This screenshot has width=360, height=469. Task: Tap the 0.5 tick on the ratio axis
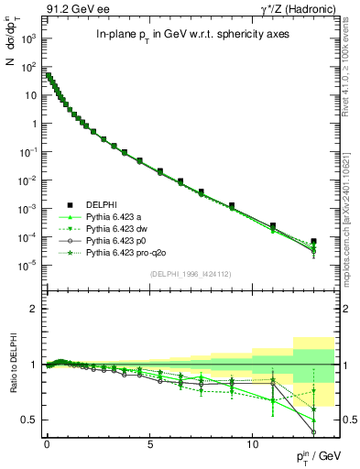point(29,420)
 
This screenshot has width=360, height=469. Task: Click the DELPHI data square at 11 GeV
point(273,225)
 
